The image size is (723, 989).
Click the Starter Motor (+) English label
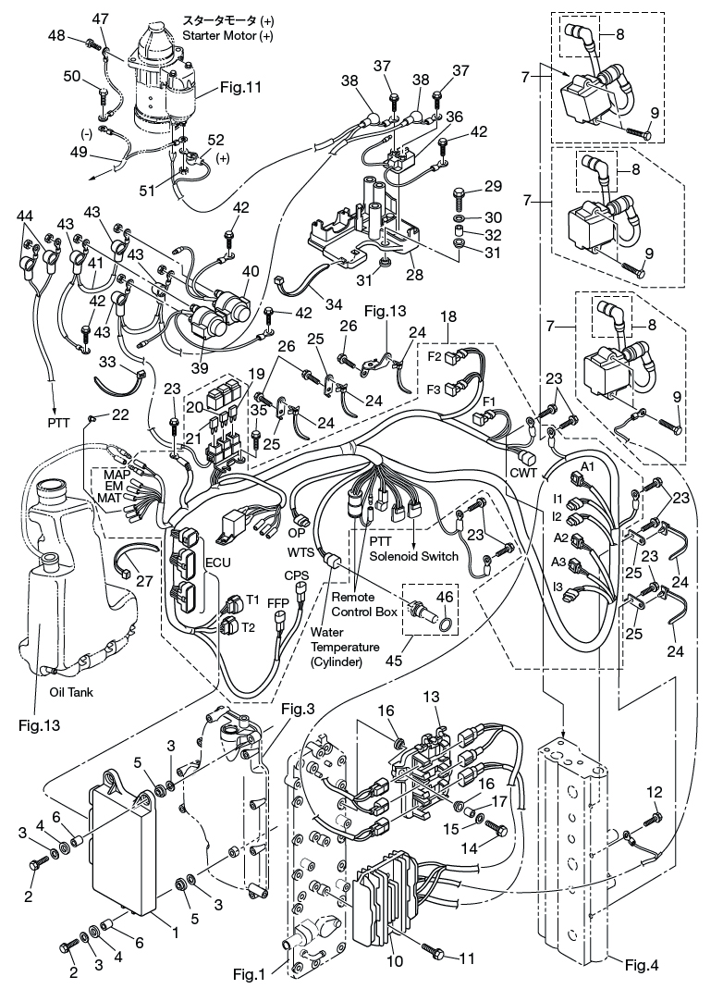pyautogui.click(x=227, y=35)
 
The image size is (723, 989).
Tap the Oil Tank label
pyautogui.click(x=71, y=692)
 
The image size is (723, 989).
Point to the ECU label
pyautogui.click(x=218, y=562)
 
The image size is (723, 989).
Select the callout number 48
pyautogui.click(x=56, y=35)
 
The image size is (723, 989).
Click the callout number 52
pyautogui.click(x=215, y=140)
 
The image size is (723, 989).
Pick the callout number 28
pyautogui.click(x=414, y=275)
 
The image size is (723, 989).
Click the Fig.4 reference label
pyautogui.click(x=642, y=964)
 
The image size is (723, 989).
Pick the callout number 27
pyautogui.click(x=144, y=580)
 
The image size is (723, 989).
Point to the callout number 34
pyautogui.click(x=334, y=304)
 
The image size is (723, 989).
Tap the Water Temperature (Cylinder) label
pyautogui.click(x=344, y=647)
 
